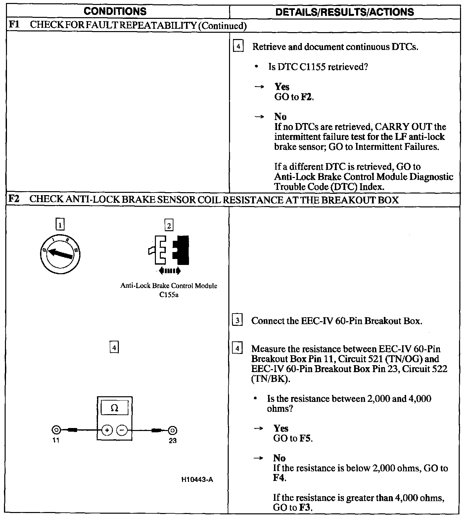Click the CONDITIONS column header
pos(115,12)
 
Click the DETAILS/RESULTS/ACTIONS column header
pos(345,12)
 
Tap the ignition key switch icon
pos(60,254)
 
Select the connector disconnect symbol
pos(169,250)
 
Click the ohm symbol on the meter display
pos(114,408)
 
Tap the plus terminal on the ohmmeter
pos(107,430)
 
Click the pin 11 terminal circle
pos(56,430)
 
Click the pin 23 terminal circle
pos(172,430)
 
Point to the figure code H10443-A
pos(197,480)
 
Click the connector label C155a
pos(169,295)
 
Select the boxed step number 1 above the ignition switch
pos(60,225)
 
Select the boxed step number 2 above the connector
pos(169,226)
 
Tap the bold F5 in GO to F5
pos(305,439)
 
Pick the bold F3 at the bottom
pos(305,507)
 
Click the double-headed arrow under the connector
pos(169,271)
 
